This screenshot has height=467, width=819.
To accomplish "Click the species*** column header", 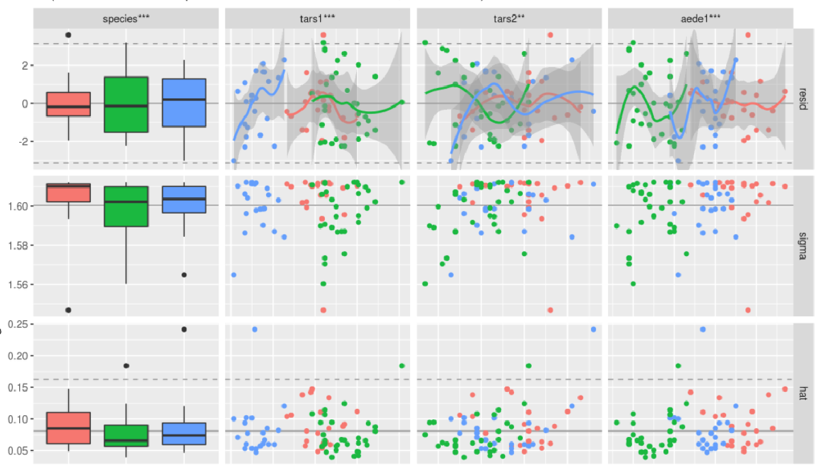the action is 126,18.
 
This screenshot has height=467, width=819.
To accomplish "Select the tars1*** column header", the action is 317,18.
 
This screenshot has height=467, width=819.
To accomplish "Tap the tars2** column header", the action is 509,18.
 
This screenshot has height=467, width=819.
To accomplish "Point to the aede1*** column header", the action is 700,18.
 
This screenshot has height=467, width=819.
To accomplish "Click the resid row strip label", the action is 803,99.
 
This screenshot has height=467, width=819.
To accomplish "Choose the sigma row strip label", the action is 803,246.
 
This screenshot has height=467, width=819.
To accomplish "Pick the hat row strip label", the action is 803,393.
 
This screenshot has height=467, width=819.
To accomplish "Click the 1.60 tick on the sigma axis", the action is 18,206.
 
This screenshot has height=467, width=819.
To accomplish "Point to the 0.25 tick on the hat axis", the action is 18,324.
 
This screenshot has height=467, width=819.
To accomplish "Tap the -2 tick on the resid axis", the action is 23,141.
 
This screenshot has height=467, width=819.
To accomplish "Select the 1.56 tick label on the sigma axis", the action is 18,285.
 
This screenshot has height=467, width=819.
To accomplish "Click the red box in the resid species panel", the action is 68,104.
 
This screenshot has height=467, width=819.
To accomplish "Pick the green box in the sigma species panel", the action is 126,207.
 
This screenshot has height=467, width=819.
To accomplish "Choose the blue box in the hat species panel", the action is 184,434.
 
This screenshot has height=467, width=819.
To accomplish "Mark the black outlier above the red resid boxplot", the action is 68,35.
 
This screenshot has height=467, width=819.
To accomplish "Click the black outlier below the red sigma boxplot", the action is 68,310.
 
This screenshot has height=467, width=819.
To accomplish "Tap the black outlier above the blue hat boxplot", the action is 184,330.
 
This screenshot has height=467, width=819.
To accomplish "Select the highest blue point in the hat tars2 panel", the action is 593,330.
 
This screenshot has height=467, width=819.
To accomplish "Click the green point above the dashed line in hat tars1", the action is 402,366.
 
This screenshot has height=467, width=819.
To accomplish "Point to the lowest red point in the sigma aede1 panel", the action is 748,310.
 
